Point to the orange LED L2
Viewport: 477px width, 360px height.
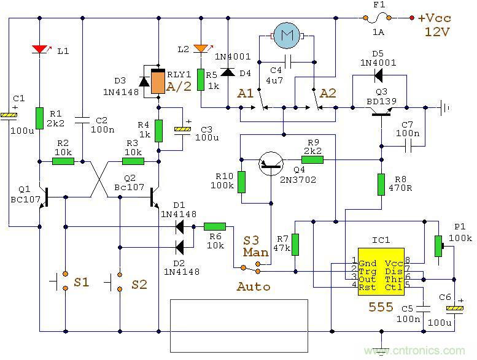[200, 48]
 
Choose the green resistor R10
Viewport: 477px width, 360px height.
[241, 182]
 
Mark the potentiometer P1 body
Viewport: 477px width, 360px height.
[438, 246]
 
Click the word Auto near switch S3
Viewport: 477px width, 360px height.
[253, 286]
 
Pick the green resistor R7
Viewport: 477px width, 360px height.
[295, 244]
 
